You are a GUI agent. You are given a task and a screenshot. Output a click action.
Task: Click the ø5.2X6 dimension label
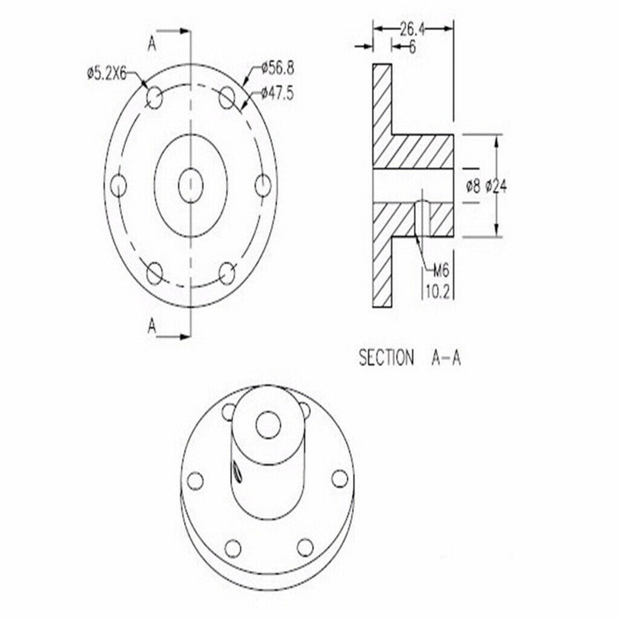tap(112, 74)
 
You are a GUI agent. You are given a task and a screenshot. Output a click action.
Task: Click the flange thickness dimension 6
tap(412, 47)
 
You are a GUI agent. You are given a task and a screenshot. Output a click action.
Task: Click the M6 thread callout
tap(441, 270)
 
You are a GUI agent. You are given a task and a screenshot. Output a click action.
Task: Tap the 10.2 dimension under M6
tap(439, 290)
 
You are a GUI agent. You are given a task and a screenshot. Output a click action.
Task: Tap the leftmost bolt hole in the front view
tap(119, 185)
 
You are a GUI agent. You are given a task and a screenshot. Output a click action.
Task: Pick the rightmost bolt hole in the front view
tap(262, 185)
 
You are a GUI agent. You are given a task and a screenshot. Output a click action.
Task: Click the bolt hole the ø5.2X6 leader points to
tap(155, 97)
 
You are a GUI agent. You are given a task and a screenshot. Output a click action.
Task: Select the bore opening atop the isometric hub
tap(270, 423)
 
